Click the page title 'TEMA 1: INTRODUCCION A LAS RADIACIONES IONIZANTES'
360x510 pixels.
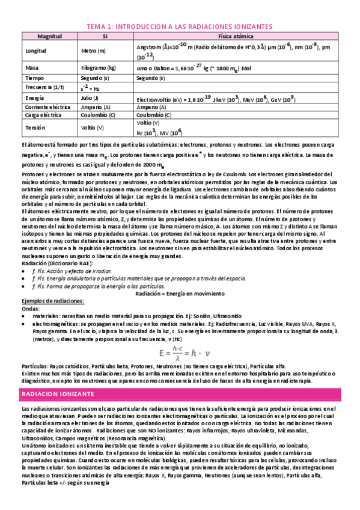pos(180,27)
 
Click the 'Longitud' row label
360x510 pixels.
pos(35,51)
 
